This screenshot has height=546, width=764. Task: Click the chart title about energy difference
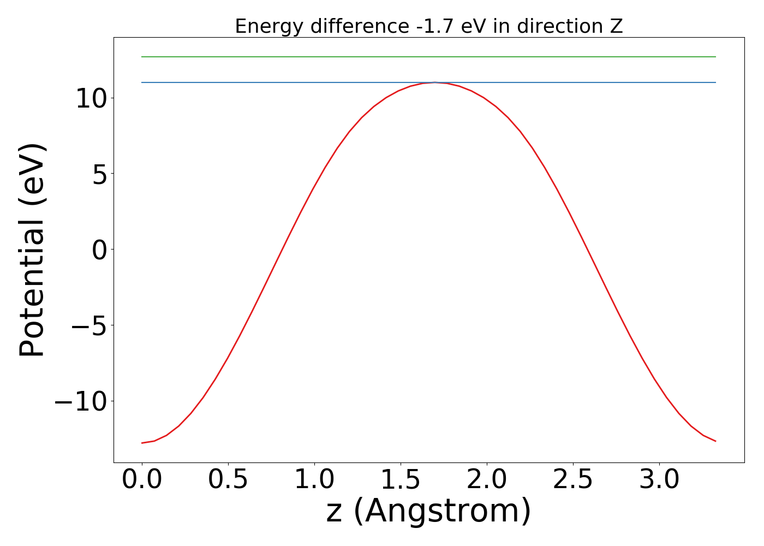[x=428, y=26]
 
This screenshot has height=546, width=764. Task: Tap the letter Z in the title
[x=616, y=26]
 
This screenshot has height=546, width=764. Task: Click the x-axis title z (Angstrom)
[x=428, y=511]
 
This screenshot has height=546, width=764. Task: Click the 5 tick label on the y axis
[x=102, y=174]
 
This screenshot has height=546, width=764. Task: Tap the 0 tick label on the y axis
[x=102, y=250]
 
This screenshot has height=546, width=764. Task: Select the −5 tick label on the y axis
[x=89, y=325]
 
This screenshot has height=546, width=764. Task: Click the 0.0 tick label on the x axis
[x=142, y=480]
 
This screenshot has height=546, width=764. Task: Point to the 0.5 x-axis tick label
[x=228, y=480]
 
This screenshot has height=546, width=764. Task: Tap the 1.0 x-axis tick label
[x=314, y=480]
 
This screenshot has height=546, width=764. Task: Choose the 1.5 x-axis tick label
[x=401, y=480]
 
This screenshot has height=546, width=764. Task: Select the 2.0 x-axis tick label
[x=487, y=480]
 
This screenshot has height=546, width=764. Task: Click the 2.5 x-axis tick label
[x=573, y=480]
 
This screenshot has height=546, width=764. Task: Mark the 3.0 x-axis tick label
[x=659, y=480]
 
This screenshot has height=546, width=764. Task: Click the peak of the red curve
[x=435, y=82]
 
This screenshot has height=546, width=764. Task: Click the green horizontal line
[x=428, y=57]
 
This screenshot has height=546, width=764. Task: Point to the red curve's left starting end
[x=142, y=443]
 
